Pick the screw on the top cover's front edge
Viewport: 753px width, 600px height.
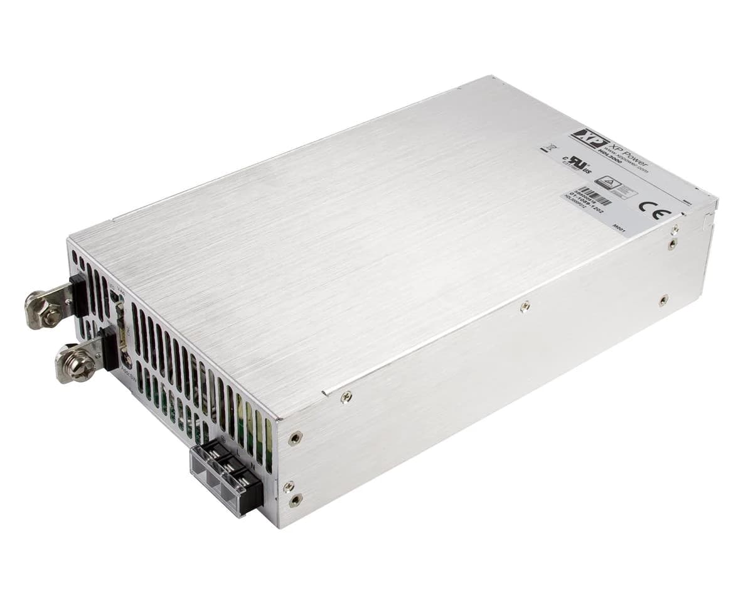tap(345, 396)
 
